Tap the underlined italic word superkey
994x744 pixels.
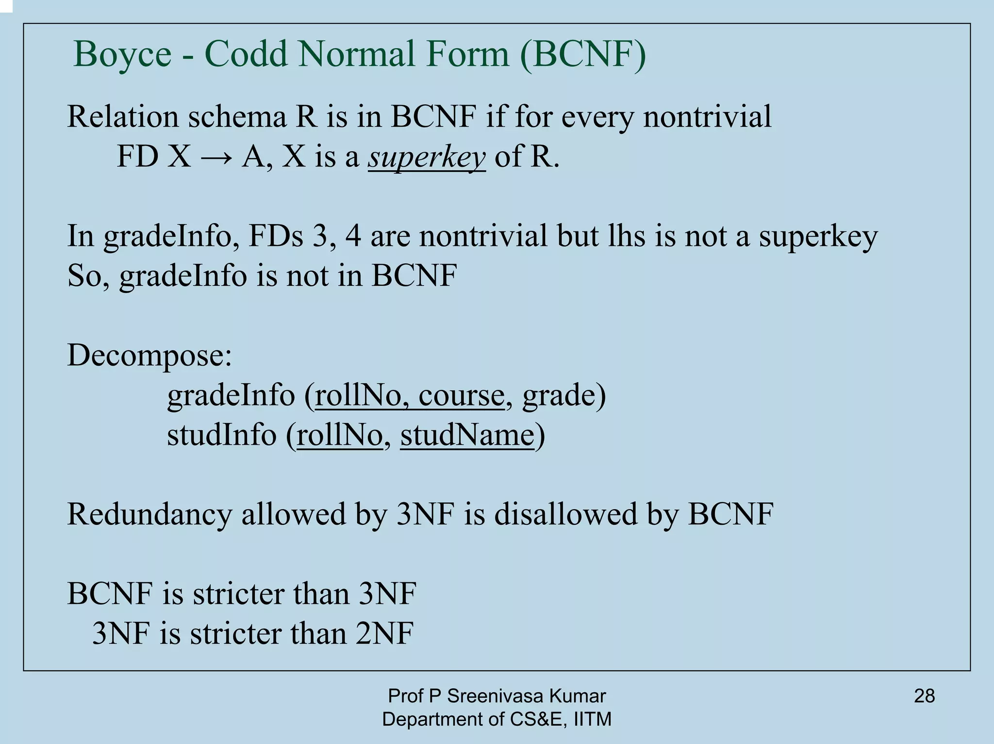click(x=426, y=157)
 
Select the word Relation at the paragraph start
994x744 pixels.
click(x=123, y=117)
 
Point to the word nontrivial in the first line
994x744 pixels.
click(x=707, y=117)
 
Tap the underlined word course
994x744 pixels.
click(x=461, y=395)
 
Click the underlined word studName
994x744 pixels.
click(x=467, y=435)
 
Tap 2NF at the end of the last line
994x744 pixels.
click(x=384, y=633)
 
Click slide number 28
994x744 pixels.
click(x=924, y=696)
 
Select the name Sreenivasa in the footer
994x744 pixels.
click(x=496, y=696)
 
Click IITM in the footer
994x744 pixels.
click(x=593, y=719)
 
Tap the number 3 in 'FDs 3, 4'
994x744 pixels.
click(x=320, y=236)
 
